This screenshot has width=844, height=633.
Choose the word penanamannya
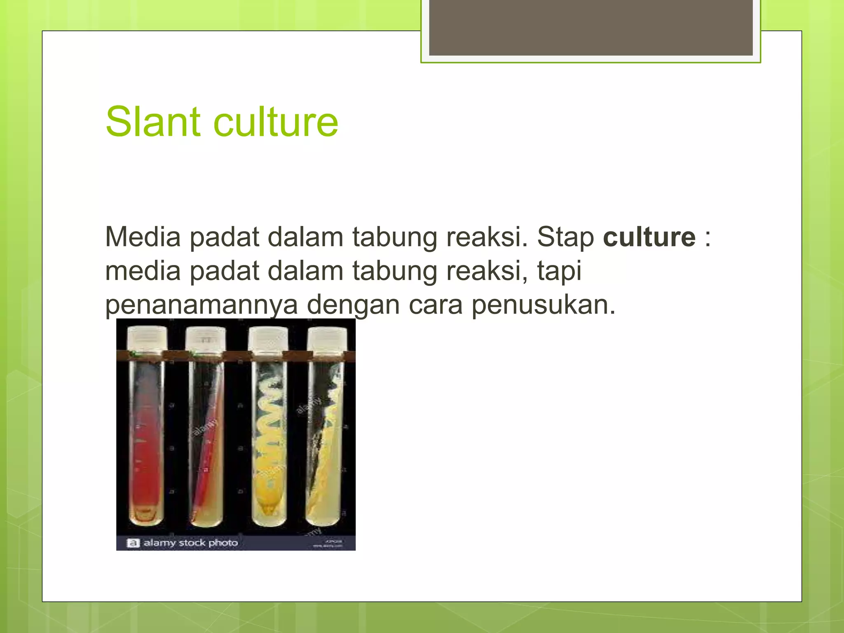pyautogui.click(x=201, y=305)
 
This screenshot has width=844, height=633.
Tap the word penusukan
pyautogui.click(x=543, y=305)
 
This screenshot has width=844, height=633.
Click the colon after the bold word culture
pyautogui.click(x=708, y=238)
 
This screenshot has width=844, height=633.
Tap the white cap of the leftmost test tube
pyautogui.click(x=147, y=338)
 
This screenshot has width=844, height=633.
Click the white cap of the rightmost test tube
pyautogui.click(x=327, y=339)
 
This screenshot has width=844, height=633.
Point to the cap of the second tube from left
pyautogui.click(x=205, y=339)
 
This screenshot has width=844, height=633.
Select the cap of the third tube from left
pyautogui.click(x=268, y=339)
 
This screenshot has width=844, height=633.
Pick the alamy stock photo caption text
pyautogui.click(x=190, y=543)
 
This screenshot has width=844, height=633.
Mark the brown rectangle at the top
pyautogui.click(x=591, y=27)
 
